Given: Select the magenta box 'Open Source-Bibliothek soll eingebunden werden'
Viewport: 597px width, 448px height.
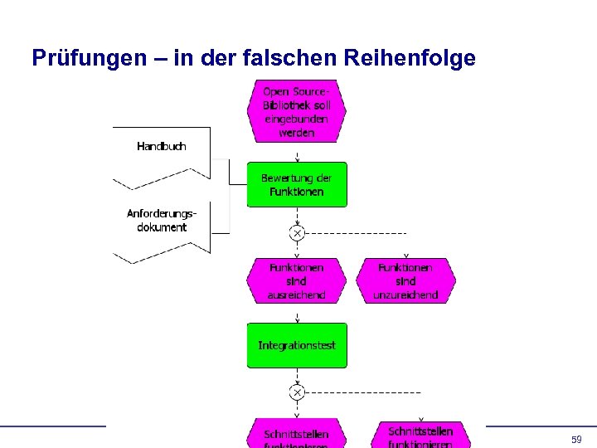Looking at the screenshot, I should (x=296, y=111).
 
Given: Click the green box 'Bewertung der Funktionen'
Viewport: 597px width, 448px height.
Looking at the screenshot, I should (x=296, y=184).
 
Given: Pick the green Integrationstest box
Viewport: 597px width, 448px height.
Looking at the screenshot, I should (x=296, y=345).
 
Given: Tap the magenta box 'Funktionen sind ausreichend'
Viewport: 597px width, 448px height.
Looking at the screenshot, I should (x=296, y=281).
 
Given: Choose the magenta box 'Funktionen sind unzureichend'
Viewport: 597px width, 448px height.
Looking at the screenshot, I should (x=405, y=281).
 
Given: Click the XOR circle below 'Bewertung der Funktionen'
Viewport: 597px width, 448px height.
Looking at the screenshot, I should (x=296, y=232).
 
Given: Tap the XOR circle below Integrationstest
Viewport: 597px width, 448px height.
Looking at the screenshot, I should (x=296, y=392).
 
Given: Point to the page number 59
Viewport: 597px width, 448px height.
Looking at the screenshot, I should (x=576, y=439).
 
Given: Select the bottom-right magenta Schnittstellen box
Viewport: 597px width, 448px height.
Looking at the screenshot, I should (x=420, y=435).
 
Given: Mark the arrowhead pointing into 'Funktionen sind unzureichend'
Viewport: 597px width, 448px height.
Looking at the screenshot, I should (x=405, y=256).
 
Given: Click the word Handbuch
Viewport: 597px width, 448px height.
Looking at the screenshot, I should (x=162, y=147).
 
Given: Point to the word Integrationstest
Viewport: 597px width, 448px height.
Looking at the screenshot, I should (x=296, y=345).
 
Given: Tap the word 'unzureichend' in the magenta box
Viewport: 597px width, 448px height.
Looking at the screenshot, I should (x=405, y=295).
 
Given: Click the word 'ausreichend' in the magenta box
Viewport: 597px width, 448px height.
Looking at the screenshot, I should (x=296, y=295).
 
